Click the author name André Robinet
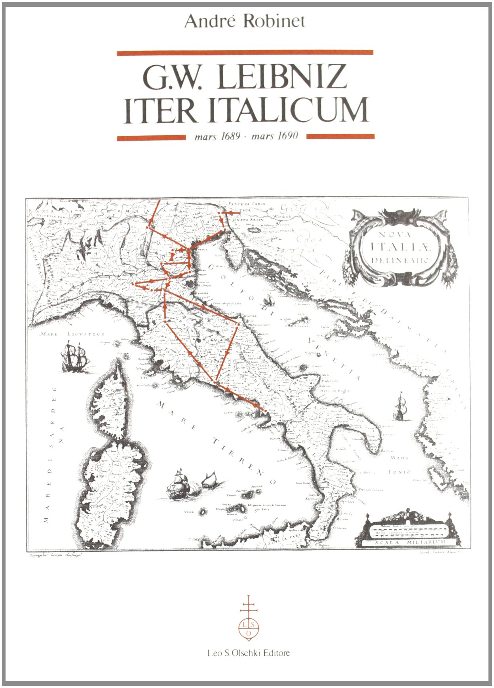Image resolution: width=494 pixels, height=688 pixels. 245,21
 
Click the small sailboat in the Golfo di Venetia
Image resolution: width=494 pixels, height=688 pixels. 270,300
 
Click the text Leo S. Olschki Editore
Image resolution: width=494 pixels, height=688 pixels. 248,653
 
